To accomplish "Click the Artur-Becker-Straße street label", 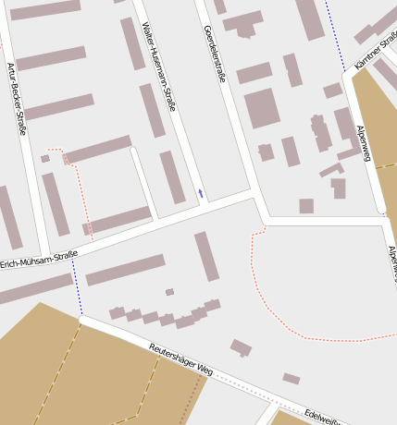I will (17, 99).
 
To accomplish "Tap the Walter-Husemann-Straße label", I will (158, 65).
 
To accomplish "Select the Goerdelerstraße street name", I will (215, 54).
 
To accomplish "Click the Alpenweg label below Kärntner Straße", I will (364, 144).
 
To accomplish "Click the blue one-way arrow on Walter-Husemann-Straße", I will (200, 193).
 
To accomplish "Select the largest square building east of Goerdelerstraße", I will (262, 108).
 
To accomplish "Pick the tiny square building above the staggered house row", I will (169, 292).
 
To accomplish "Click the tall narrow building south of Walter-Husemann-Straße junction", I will (206, 256).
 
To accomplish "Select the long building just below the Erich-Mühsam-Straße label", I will (125, 270).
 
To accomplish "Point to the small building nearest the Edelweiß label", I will (291, 378).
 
